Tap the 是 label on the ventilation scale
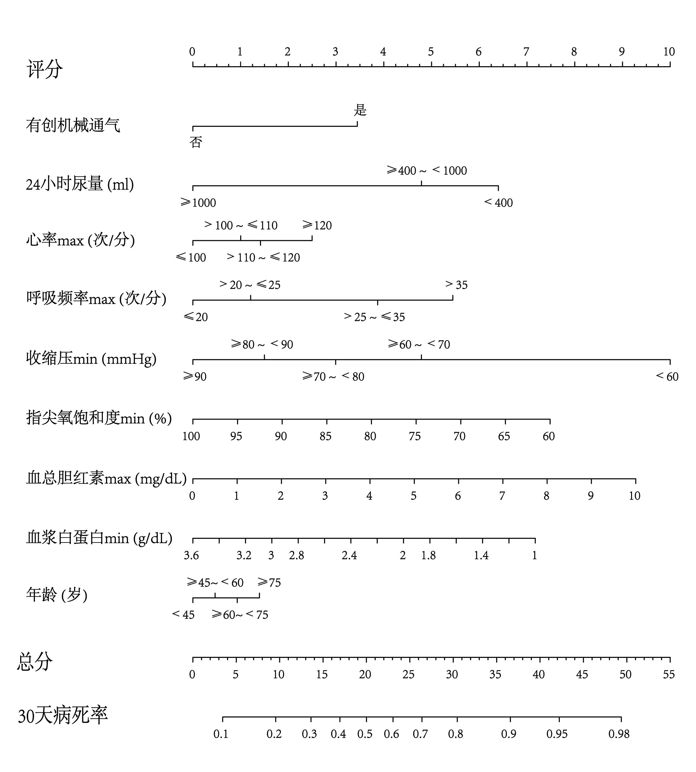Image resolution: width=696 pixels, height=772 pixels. click(360, 110)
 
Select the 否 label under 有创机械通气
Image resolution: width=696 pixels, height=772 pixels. click(195, 142)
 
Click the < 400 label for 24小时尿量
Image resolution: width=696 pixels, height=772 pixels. click(498, 203)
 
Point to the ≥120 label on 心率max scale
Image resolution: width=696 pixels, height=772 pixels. click(317, 225)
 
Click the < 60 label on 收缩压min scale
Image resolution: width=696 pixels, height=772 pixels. click(667, 377)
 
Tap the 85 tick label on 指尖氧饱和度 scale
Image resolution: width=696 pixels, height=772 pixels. click(325, 436)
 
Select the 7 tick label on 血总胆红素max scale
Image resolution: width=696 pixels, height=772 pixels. click(502, 496)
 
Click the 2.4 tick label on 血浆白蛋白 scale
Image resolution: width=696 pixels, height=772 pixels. click(349, 555)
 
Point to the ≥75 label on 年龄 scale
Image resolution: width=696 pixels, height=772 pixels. click(269, 582)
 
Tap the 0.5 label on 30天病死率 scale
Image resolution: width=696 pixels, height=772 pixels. click(365, 734)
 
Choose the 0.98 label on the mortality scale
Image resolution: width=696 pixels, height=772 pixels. click(619, 734)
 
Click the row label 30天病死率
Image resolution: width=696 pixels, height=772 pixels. click(63, 715)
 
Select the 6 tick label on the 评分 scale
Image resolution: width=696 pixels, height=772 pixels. click(478, 52)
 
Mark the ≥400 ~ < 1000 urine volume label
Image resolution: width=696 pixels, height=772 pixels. click(427, 171)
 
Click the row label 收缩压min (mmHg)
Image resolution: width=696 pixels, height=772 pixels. click(91, 359)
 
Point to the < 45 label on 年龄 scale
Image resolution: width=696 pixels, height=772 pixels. click(183, 615)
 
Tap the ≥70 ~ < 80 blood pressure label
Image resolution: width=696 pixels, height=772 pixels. click(333, 377)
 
